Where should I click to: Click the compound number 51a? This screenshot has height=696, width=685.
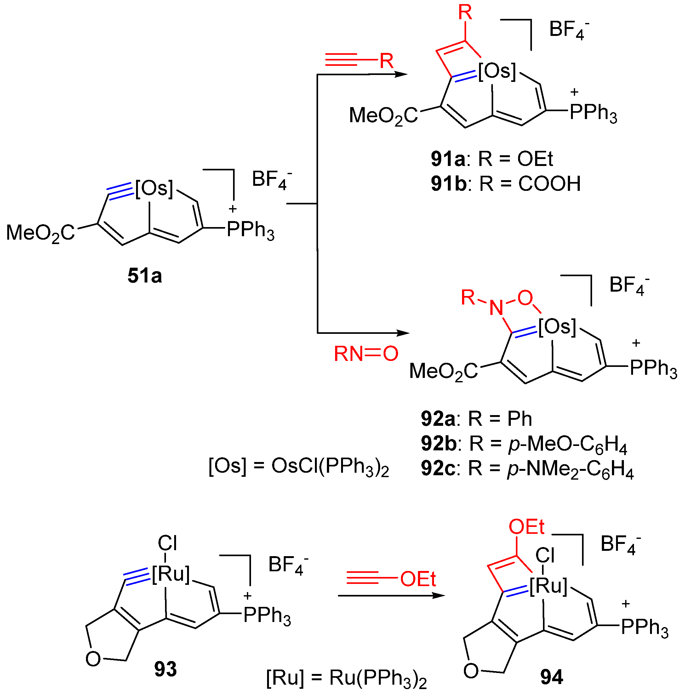(145, 276)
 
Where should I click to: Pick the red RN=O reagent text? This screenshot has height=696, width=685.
(366, 354)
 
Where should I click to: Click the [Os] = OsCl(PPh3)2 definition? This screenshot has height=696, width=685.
(299, 466)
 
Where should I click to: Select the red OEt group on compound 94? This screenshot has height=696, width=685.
(526, 527)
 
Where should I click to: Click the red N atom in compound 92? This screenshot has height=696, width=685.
(496, 308)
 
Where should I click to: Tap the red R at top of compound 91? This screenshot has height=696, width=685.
(465, 13)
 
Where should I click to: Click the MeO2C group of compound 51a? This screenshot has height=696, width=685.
(40, 233)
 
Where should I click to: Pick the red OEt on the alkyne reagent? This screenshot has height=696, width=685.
(418, 579)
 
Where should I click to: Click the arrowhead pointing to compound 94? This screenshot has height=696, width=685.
(439, 596)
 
